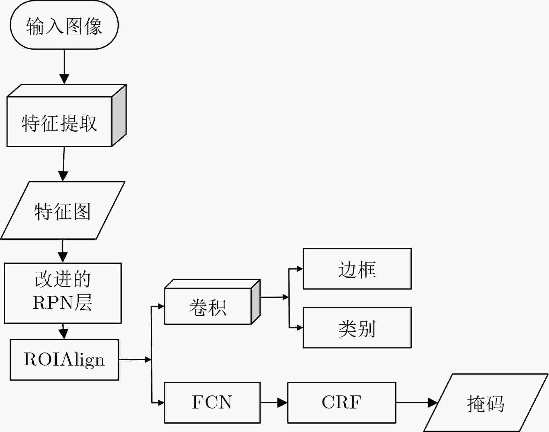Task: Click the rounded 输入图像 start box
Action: click(x=64, y=25)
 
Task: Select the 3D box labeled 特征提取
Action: click(x=67, y=115)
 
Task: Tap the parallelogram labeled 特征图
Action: click(x=63, y=210)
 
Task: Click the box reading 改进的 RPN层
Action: click(x=63, y=293)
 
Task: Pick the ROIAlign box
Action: click(x=64, y=360)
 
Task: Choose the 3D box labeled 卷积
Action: click(x=212, y=302)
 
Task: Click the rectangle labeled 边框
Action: click(x=357, y=269)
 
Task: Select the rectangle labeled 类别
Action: click(x=357, y=328)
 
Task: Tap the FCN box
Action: click(x=212, y=403)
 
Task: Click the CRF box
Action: click(x=342, y=403)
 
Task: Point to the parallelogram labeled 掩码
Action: click(x=486, y=403)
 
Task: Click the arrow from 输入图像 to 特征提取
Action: click(x=64, y=67)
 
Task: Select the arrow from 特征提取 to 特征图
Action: click(x=64, y=164)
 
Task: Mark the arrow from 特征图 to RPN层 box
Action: click(x=63, y=251)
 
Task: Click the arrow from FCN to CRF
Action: click(x=274, y=403)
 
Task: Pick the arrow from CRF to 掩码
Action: click(x=417, y=403)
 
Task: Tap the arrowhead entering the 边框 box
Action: click(x=299, y=269)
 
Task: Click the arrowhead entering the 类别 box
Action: click(x=299, y=328)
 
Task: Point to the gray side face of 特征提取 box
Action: click(x=119, y=115)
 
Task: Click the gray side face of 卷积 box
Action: click(x=256, y=302)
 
